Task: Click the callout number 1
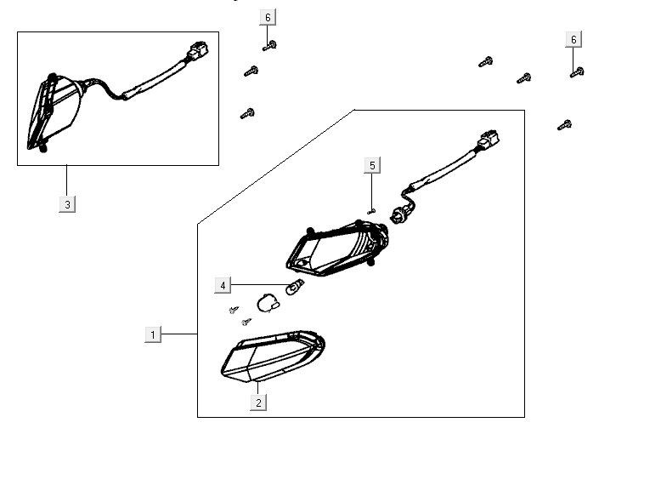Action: tap(153, 334)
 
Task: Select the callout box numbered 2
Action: tap(258, 403)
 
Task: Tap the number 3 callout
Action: tap(67, 205)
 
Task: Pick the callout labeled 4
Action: tap(223, 285)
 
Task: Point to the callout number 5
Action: tap(372, 165)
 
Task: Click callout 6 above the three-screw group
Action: tap(268, 18)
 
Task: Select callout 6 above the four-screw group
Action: tap(573, 40)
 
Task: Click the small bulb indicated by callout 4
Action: tap(295, 287)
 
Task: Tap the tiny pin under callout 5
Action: tap(370, 212)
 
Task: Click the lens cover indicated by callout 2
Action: tap(273, 356)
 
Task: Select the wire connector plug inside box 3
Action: tap(197, 50)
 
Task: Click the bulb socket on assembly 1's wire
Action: tap(398, 214)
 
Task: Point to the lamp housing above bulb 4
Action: tap(337, 249)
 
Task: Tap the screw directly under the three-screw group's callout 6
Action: tap(270, 46)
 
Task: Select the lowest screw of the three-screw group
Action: tap(247, 113)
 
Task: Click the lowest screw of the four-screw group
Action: tap(564, 125)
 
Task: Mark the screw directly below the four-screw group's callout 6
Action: tap(577, 72)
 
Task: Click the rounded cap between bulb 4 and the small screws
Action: tap(268, 303)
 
